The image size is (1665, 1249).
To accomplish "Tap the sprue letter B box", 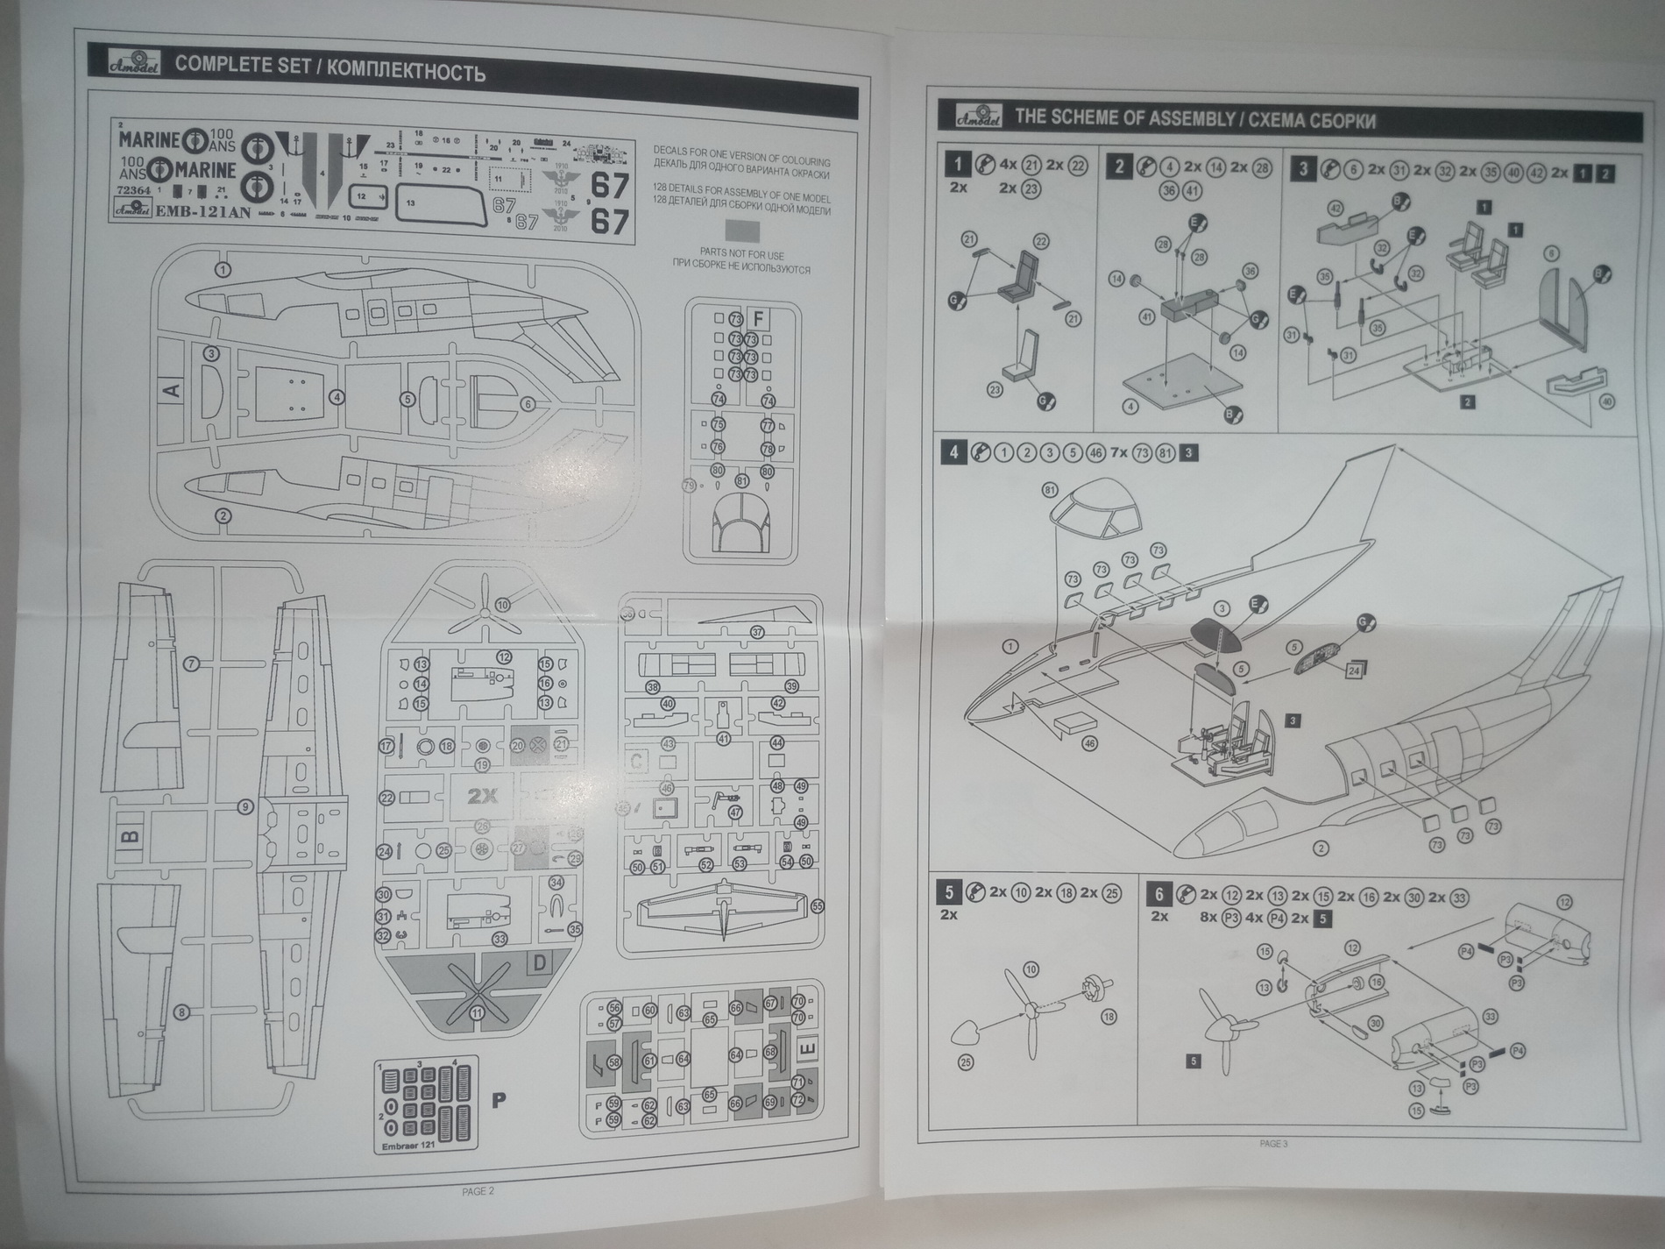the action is tap(131, 837).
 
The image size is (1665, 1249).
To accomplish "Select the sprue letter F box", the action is tap(759, 318).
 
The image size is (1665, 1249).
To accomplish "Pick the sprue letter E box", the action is tap(808, 1049).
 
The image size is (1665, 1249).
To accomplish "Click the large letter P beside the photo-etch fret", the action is tap(499, 1100).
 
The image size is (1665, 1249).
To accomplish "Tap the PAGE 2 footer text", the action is tap(478, 1191).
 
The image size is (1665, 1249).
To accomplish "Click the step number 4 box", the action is tap(953, 452).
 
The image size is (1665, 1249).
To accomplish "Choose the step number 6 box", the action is tap(1158, 894).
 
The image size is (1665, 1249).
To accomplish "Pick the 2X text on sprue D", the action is tap(481, 796).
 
